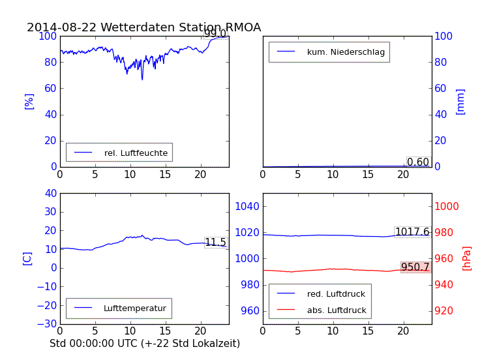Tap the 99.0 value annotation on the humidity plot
pos(215,34)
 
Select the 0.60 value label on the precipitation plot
pos(418,162)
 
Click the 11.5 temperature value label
pos(215,243)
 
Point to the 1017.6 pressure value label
pos(412,232)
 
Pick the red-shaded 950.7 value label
pos(415,267)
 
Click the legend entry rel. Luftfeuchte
pos(136,153)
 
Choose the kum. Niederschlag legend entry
pos(346,52)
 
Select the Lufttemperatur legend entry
pos(134,308)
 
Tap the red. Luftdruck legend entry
pos(336,294)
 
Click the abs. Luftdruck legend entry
pos(337,310)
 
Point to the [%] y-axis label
pos(29,101)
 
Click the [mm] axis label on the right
pos(460,102)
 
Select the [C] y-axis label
pos(27,258)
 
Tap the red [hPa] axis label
pos(466,258)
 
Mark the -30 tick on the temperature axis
pos(45,323)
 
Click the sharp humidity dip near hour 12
pos(142,79)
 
